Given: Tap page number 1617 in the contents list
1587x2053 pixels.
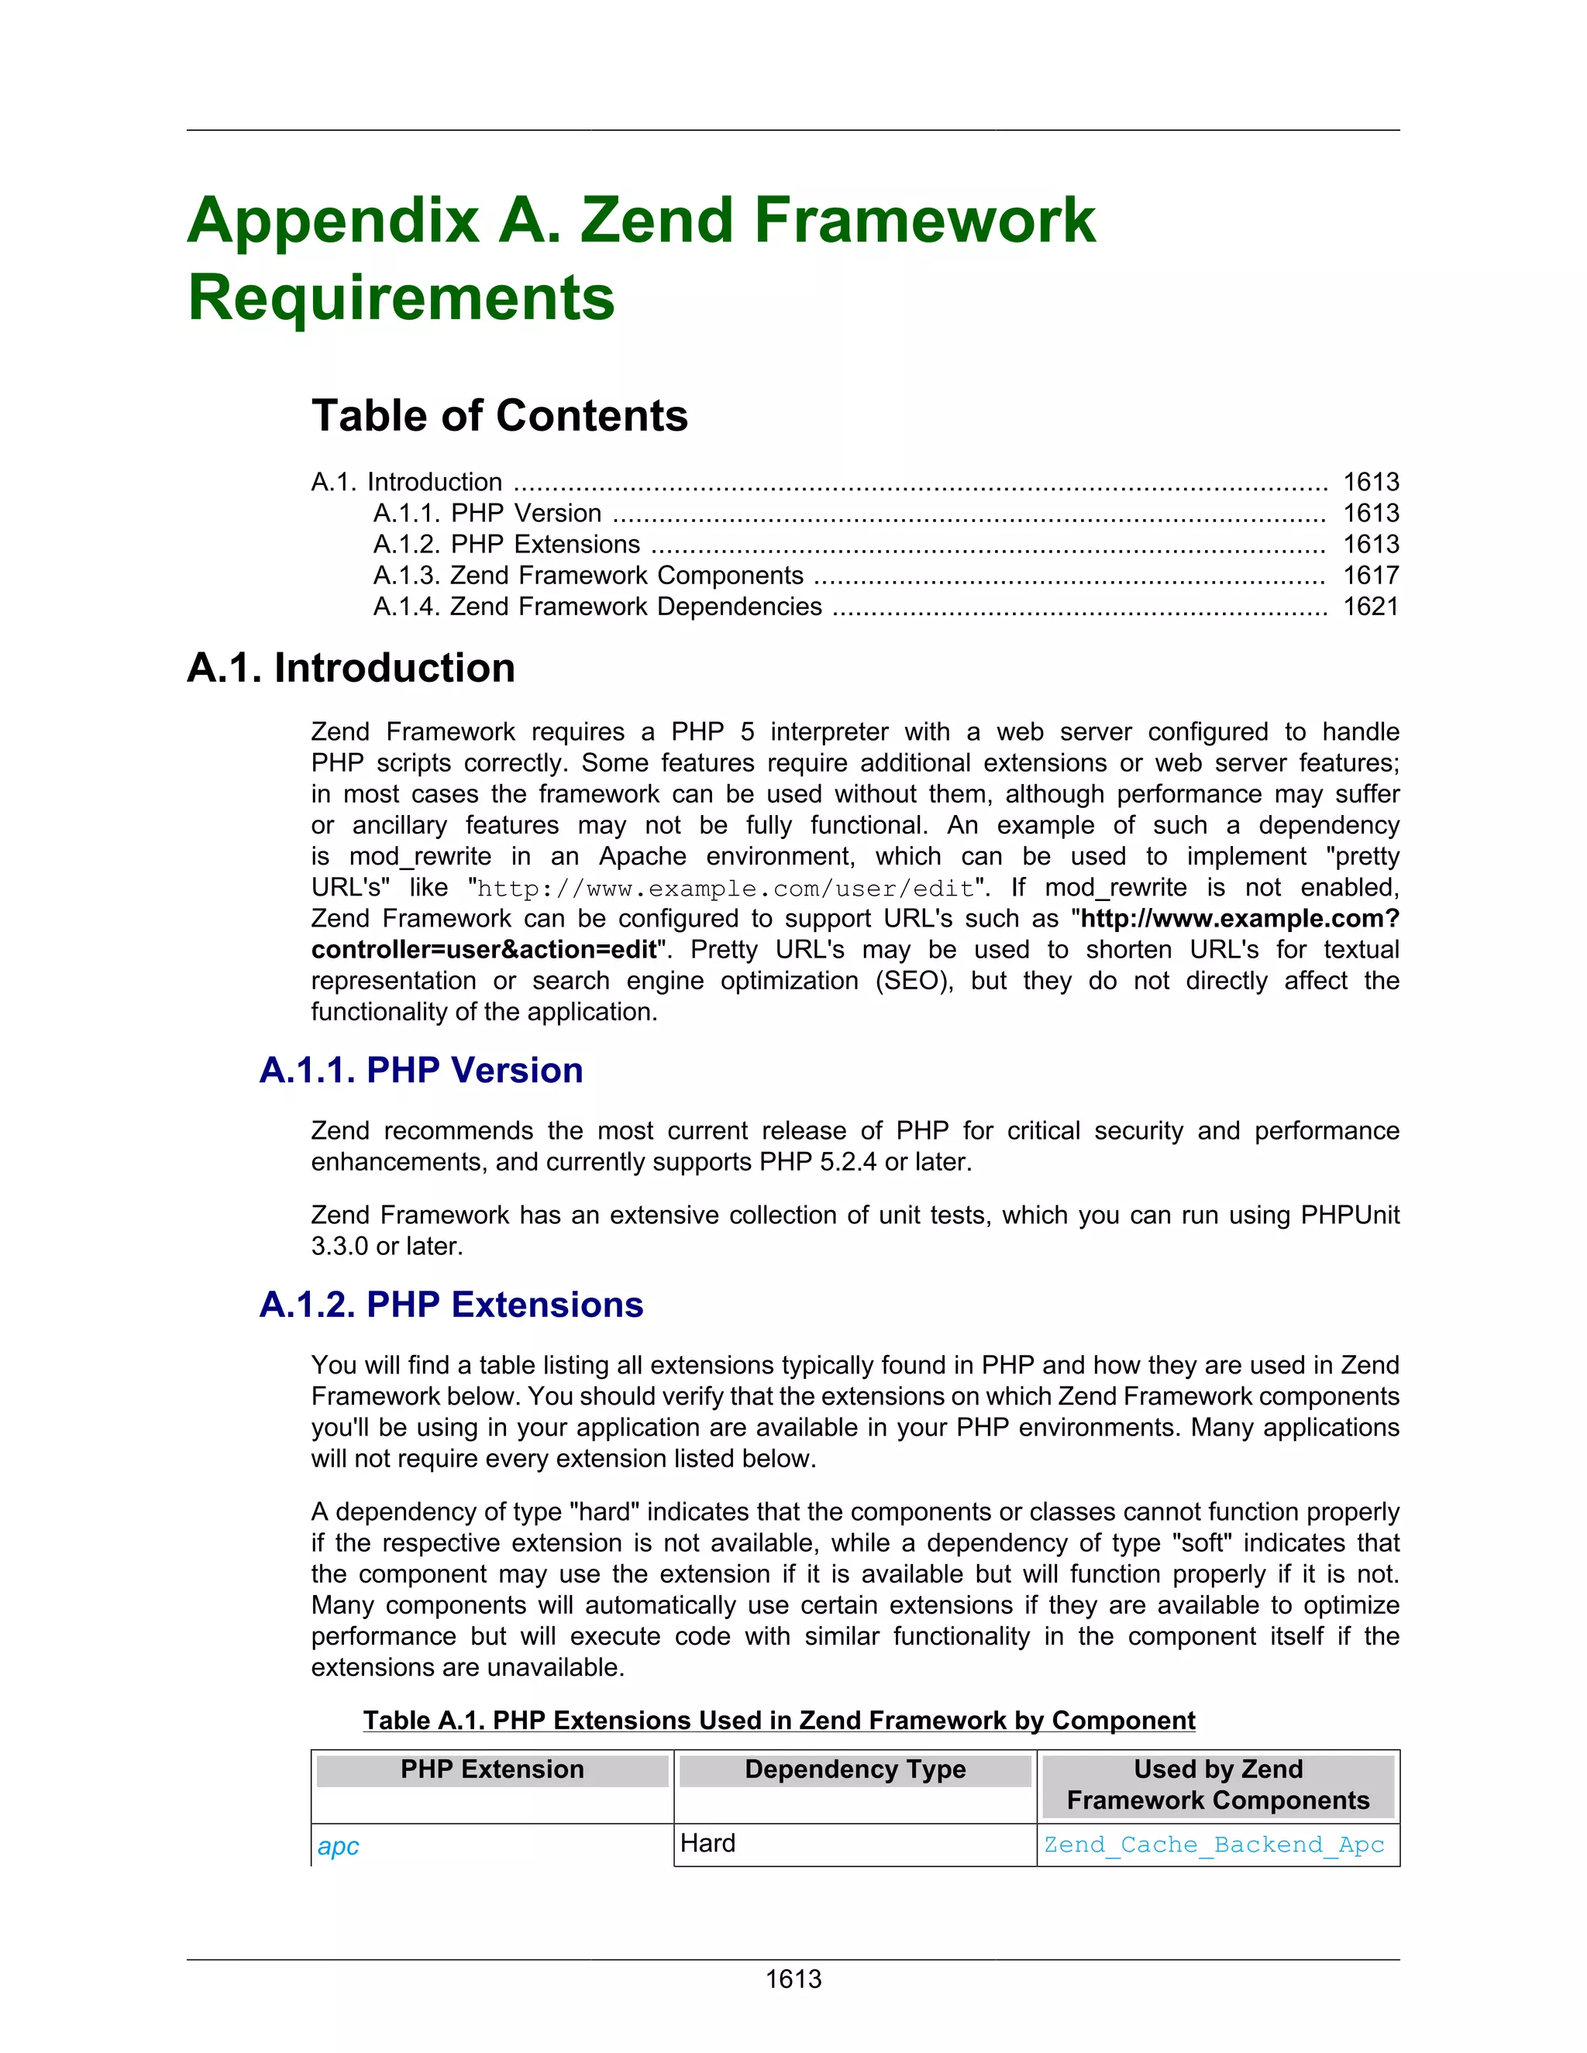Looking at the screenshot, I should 1371,576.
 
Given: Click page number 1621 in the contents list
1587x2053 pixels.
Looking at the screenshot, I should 1371,607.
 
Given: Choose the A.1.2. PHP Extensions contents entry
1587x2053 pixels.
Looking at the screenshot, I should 507,545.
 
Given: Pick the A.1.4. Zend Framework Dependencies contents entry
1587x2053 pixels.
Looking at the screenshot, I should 598,607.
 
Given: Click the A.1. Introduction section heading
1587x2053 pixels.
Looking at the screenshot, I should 351,669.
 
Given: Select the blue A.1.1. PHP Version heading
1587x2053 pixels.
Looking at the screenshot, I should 422,1071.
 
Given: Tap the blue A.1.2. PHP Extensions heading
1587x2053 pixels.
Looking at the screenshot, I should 451,1305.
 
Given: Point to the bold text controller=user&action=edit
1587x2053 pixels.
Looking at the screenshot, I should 484,950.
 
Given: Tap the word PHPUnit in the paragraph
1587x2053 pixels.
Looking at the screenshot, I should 1349,1216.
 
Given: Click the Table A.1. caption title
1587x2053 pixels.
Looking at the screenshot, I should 779,1720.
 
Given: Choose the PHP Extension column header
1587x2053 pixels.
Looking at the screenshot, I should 492,1769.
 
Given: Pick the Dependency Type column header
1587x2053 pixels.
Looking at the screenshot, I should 855,1769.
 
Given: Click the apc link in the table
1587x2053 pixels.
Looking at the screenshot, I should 339,1846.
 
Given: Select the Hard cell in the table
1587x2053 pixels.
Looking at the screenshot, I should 708,1843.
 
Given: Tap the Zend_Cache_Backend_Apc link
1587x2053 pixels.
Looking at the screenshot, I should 1213,1845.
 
